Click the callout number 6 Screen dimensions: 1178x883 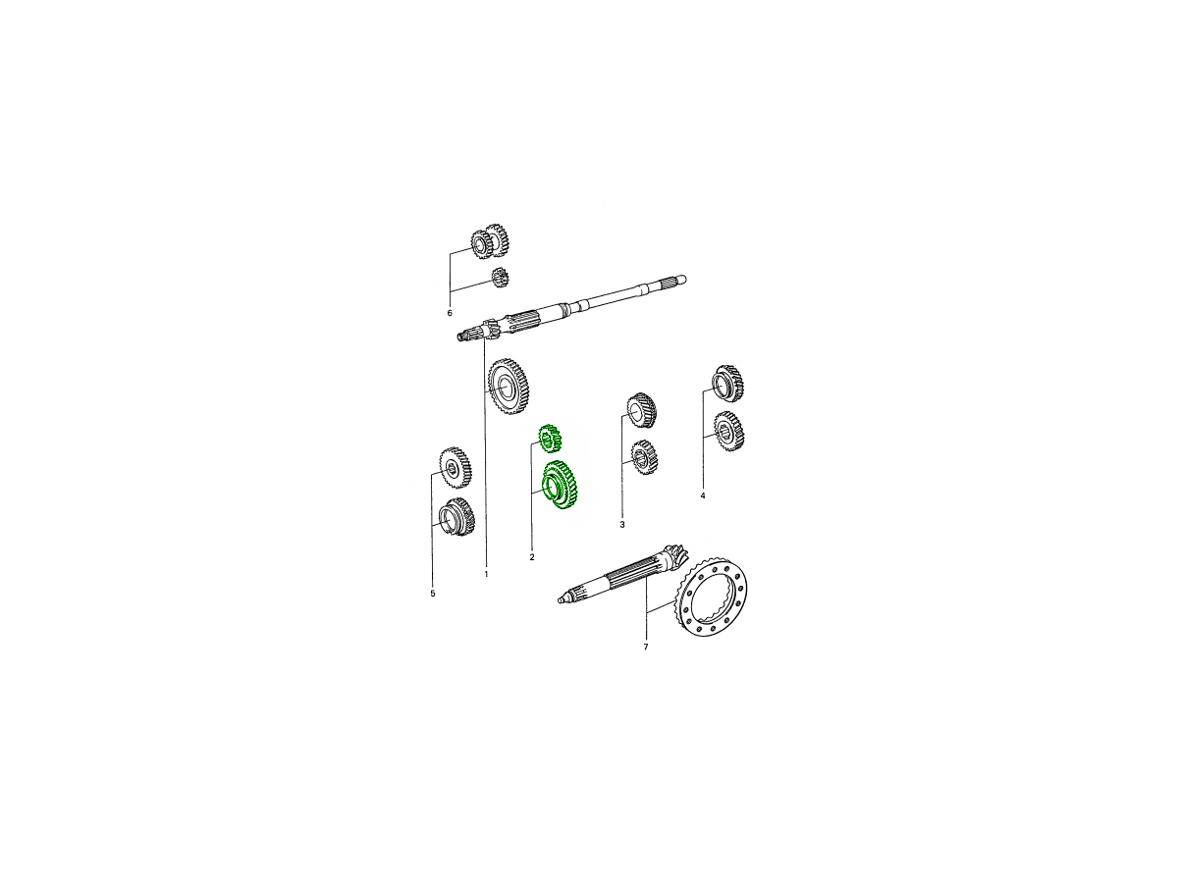pos(450,313)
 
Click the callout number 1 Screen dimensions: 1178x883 pos(486,574)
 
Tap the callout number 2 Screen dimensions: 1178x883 pos(532,557)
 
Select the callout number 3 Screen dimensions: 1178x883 pos(622,525)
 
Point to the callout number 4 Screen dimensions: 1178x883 pos(703,495)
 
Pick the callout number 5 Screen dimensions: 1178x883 pos(433,594)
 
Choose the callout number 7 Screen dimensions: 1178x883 pos(646,648)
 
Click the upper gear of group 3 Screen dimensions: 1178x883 pos(642,410)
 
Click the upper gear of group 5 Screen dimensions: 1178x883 pos(455,468)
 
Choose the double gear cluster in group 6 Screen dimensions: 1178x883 pos(489,240)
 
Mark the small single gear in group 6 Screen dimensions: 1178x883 pos(501,278)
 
